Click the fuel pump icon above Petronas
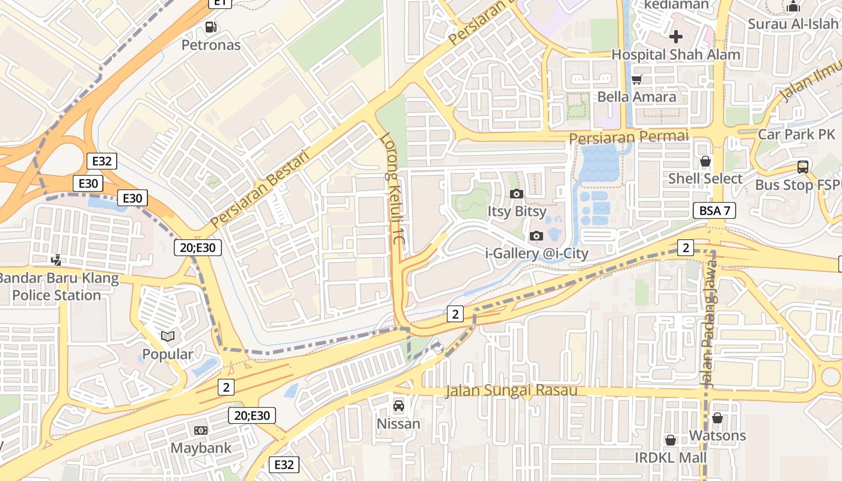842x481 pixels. coord(210,27)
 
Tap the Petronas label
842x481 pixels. coord(211,45)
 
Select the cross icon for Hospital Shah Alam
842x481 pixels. coord(676,37)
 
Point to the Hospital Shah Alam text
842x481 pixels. coord(676,55)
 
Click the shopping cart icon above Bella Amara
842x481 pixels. coord(637,79)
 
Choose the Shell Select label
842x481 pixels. coord(705,179)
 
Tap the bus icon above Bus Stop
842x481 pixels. coord(802,167)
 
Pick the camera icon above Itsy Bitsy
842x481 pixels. coord(516,194)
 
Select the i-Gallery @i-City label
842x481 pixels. coord(536,254)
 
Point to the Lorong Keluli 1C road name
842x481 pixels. coord(393,188)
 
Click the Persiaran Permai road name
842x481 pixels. coord(628,138)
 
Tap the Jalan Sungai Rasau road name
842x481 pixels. coord(511,391)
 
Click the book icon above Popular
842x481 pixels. coord(168,336)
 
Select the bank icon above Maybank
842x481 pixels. coord(200,430)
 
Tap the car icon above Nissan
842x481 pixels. coord(398,406)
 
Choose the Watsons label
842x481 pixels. coord(718,435)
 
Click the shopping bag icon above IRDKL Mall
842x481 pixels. coord(671,441)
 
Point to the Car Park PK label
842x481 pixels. coord(796,134)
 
